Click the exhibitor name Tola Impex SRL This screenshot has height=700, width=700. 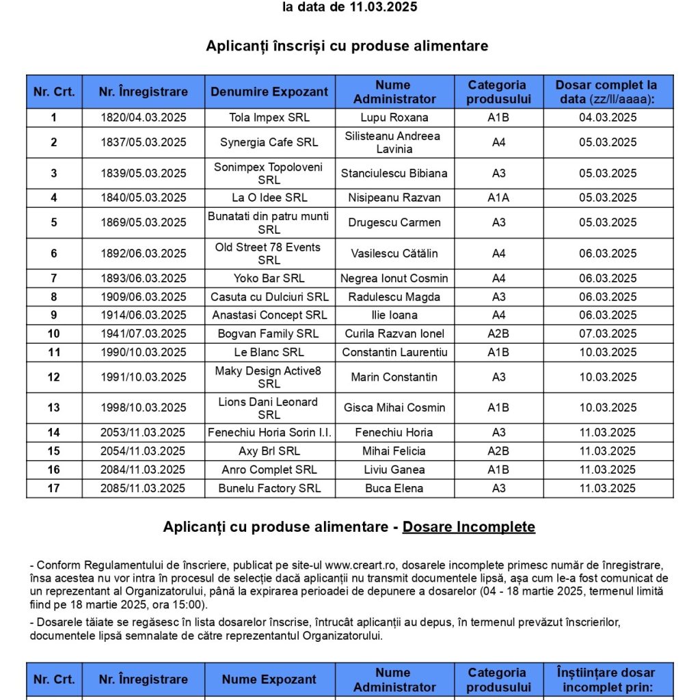click(269, 118)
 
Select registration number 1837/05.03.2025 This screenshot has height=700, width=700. click(144, 142)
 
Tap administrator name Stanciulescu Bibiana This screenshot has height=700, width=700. click(394, 173)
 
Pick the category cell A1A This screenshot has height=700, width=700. click(498, 198)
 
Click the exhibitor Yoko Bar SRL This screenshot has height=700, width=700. click(269, 278)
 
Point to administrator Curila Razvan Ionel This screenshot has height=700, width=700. click(394, 334)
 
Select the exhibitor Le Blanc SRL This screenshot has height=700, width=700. click(269, 352)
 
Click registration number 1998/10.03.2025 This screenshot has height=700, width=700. click(144, 407)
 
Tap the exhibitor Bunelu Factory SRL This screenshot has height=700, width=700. click(269, 488)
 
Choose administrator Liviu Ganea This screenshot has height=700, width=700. click(394, 470)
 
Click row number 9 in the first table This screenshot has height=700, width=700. click(54, 315)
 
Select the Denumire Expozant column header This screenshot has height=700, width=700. click(269, 92)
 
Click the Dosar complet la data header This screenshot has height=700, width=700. click(608, 92)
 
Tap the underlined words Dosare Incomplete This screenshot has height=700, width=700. click(468, 527)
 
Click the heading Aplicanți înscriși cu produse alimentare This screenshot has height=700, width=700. click(347, 46)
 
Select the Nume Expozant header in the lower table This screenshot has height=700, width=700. click(269, 679)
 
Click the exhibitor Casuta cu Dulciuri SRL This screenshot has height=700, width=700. click(269, 297)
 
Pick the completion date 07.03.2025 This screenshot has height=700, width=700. click(608, 334)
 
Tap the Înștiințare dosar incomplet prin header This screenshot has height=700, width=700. click(608, 679)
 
